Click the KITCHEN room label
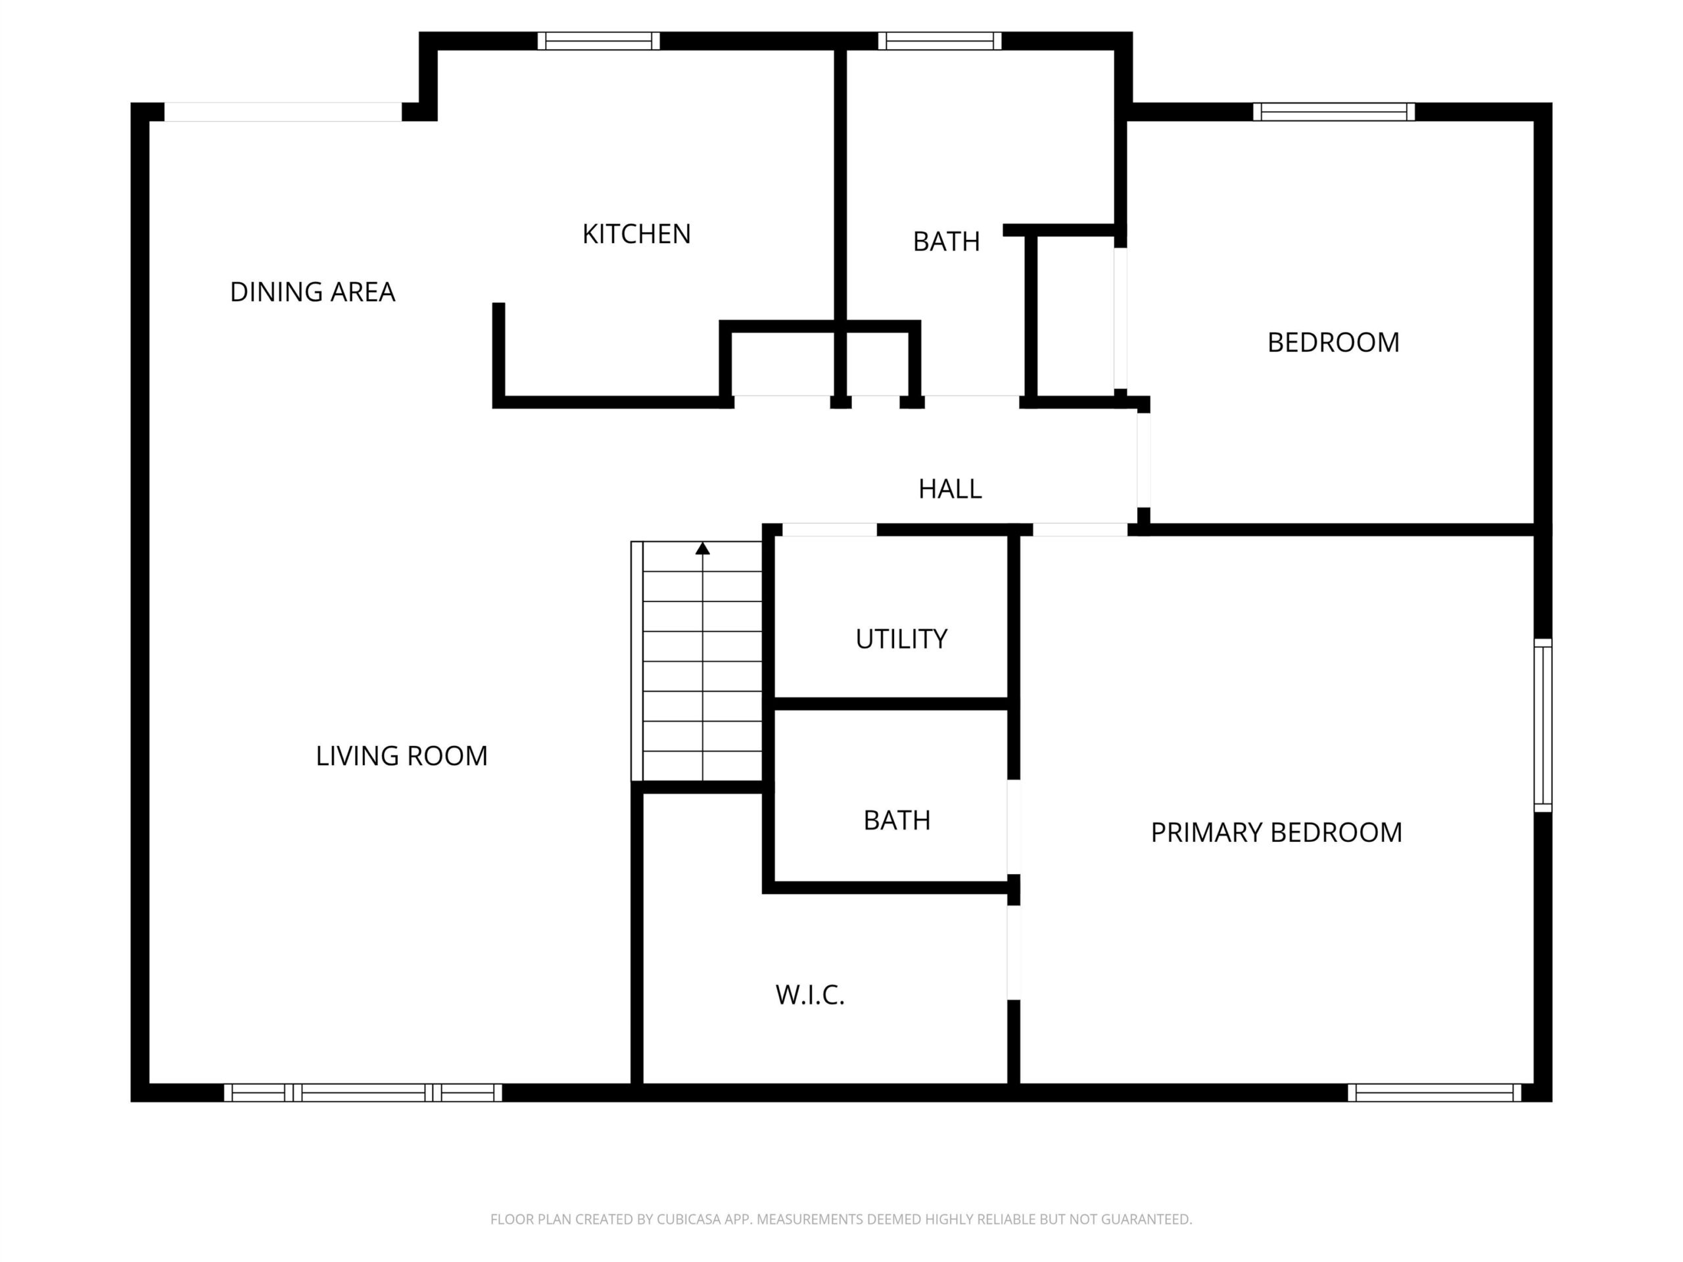[636, 234]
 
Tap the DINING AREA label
[313, 292]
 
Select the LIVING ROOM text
[402, 756]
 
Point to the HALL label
[950, 489]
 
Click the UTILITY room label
[901, 639]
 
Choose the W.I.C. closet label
[811, 995]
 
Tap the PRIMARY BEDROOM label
[1277, 833]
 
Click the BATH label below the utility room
[897, 821]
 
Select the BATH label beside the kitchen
[947, 242]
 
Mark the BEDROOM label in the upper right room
[1334, 343]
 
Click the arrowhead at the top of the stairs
[702, 548]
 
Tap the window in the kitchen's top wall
[599, 41]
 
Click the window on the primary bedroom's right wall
[1543, 726]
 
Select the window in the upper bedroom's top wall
[1335, 112]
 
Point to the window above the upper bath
[940, 41]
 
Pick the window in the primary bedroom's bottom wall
[1435, 1093]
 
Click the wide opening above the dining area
[283, 112]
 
